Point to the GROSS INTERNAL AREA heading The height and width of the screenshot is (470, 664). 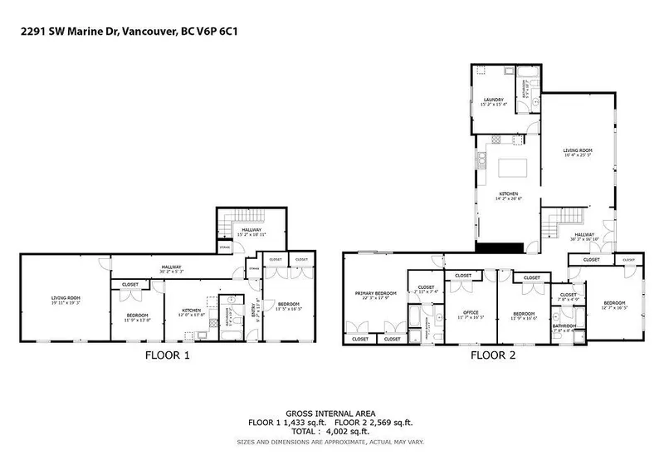(x=332, y=414)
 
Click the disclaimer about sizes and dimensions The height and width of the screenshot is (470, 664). (x=332, y=442)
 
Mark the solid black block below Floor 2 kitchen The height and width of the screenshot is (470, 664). (x=501, y=246)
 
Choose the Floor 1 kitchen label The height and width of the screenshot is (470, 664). (x=192, y=311)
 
